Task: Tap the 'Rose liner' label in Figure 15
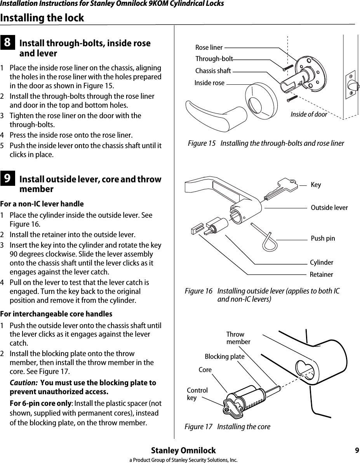tap(209, 47)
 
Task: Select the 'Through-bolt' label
tap(214, 59)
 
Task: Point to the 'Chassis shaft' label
tap(213, 71)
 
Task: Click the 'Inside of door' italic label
tap(309, 114)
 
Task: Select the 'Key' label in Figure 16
tap(316, 185)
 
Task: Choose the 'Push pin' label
tap(323, 238)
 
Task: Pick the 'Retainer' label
tap(321, 274)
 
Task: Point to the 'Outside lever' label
tap(329, 208)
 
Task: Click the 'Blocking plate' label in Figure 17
tap(224, 356)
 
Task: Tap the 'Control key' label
tap(197, 394)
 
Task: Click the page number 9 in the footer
tap(357, 451)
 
